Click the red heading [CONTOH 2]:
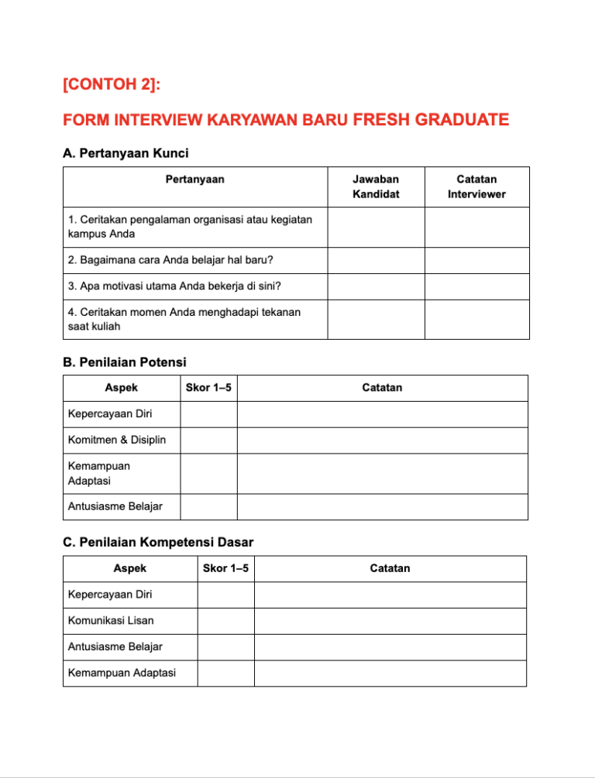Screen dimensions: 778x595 111,84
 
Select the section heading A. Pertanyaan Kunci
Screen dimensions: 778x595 126,153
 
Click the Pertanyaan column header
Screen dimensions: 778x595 194,180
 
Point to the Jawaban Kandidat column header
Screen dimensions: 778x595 376,187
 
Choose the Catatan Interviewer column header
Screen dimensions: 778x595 476,187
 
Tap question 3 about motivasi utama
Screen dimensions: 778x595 174,286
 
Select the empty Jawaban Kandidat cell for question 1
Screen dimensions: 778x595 376,227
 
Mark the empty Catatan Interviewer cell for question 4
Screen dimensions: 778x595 476,319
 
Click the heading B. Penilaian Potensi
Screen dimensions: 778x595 124,362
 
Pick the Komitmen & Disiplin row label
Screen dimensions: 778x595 112,440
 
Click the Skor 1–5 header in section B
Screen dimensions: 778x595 208,388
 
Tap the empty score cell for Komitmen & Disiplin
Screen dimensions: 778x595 208,440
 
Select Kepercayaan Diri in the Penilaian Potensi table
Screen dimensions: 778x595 110,414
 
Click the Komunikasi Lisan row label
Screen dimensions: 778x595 110,621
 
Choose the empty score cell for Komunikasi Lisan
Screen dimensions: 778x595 225,621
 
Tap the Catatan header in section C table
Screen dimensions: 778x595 390,568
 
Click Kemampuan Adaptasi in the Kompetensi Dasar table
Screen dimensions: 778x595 122,673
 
